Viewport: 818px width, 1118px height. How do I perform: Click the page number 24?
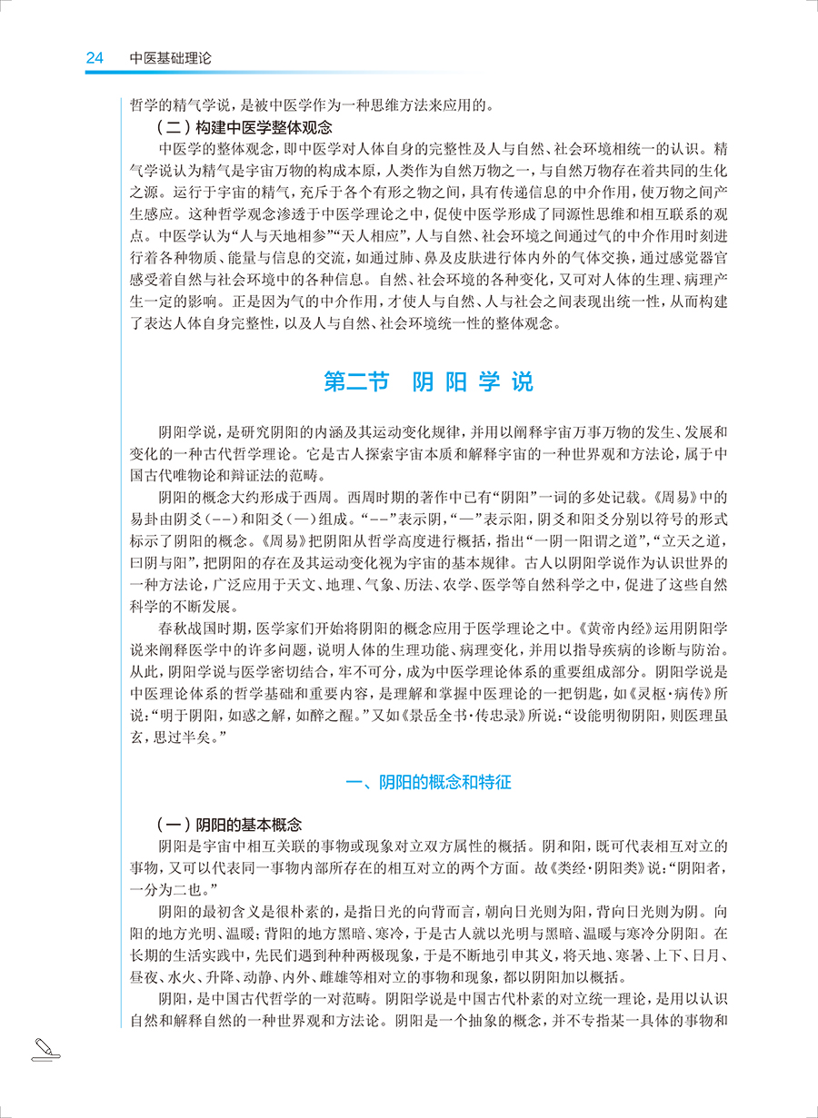pos(95,58)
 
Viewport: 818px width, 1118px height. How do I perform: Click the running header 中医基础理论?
pos(170,58)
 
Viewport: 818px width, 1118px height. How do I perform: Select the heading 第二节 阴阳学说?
pos(428,381)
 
